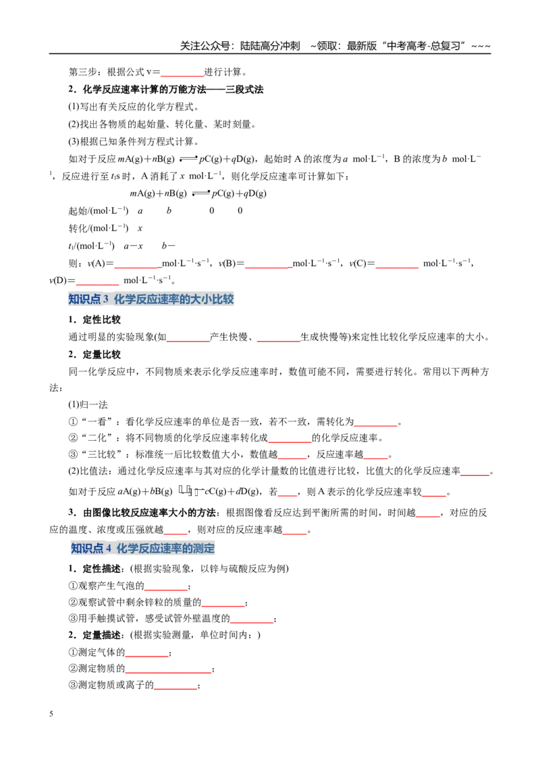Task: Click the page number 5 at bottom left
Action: coord(51,714)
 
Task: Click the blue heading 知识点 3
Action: coord(151,299)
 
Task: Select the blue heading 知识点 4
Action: coord(143,548)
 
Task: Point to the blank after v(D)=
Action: coord(97,284)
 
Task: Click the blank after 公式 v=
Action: coord(182,76)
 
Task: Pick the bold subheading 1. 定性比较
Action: coord(94,319)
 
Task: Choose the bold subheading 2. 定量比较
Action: coord(94,355)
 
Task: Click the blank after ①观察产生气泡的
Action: coord(165,590)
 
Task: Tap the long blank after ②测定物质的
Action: coord(168,673)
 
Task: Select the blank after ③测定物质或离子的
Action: coord(175,689)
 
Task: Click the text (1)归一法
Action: coord(88,404)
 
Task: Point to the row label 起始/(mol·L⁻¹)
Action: coord(99,211)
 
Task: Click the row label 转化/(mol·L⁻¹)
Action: coord(99,228)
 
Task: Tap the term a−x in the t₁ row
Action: coord(133,246)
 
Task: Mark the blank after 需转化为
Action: coord(376,426)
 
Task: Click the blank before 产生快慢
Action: coord(188,341)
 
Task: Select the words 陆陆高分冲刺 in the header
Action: coord(270,46)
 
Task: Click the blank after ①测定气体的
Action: coord(146,656)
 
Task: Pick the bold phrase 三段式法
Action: coord(244,90)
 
